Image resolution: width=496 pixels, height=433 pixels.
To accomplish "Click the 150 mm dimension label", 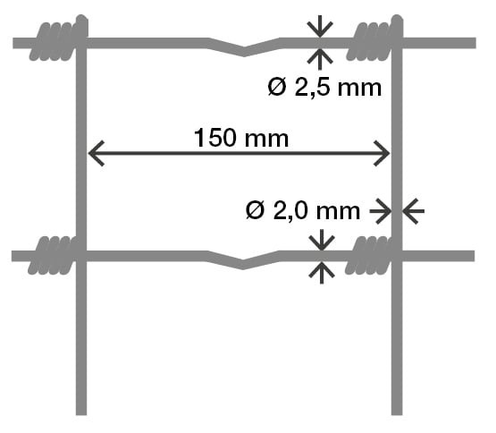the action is pyautogui.click(x=241, y=138).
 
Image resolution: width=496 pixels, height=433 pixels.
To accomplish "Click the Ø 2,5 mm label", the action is pyautogui.click(x=324, y=88).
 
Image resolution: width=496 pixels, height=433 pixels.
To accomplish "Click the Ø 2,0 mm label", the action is pyautogui.click(x=303, y=210).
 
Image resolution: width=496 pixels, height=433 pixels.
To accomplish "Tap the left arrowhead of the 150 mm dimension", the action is pyautogui.click(x=96, y=154).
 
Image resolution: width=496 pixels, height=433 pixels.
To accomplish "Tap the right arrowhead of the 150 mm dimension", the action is pyautogui.click(x=382, y=154).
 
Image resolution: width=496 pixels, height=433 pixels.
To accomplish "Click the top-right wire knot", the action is pyautogui.click(x=375, y=38).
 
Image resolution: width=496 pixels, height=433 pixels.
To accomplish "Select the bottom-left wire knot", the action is pyautogui.click(x=55, y=255).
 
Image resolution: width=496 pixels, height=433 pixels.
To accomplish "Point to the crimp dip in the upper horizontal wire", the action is pyautogui.click(x=244, y=51).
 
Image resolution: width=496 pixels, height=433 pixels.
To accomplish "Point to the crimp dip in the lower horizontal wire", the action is pyautogui.click(x=243, y=264).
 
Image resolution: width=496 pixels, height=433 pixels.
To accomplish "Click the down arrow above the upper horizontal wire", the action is pyautogui.click(x=320, y=27).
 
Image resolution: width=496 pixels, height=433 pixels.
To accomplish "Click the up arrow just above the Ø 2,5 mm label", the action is pyautogui.click(x=320, y=59).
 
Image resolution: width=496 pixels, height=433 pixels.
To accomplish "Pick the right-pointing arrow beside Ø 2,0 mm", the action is pyautogui.click(x=381, y=211).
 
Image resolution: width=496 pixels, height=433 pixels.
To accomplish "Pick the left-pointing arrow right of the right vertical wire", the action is pyautogui.click(x=414, y=211).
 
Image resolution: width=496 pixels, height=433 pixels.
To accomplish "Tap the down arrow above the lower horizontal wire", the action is pyautogui.click(x=322, y=240).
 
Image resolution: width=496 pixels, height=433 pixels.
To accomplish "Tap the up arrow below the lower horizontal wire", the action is pyautogui.click(x=322, y=273).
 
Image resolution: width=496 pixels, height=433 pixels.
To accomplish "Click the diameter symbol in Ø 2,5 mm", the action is pyautogui.click(x=277, y=88).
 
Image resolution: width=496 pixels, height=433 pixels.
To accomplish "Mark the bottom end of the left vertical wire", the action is pyautogui.click(x=81, y=414).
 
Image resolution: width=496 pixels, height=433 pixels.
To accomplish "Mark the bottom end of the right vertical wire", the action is pyautogui.click(x=397, y=414).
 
